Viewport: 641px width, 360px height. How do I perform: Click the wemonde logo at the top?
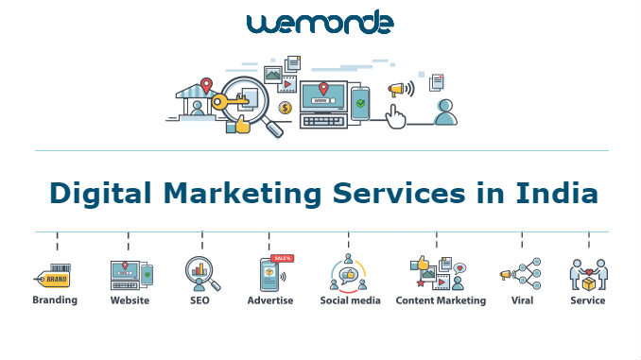(x=320, y=23)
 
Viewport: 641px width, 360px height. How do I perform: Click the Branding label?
(x=55, y=300)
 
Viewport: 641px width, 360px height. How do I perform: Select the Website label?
(x=130, y=300)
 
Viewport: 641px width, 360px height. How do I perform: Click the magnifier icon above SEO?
(x=202, y=273)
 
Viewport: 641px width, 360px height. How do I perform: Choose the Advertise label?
(x=270, y=300)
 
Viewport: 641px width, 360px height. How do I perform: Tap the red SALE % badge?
(x=282, y=258)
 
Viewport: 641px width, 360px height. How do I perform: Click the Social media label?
(x=350, y=300)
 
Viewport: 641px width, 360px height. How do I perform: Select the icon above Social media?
(x=348, y=273)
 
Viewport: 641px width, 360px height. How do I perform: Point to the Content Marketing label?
(x=441, y=300)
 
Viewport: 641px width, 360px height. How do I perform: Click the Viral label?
(x=522, y=300)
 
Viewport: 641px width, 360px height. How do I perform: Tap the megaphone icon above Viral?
(x=507, y=275)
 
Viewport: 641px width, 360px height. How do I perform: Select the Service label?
(x=587, y=300)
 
